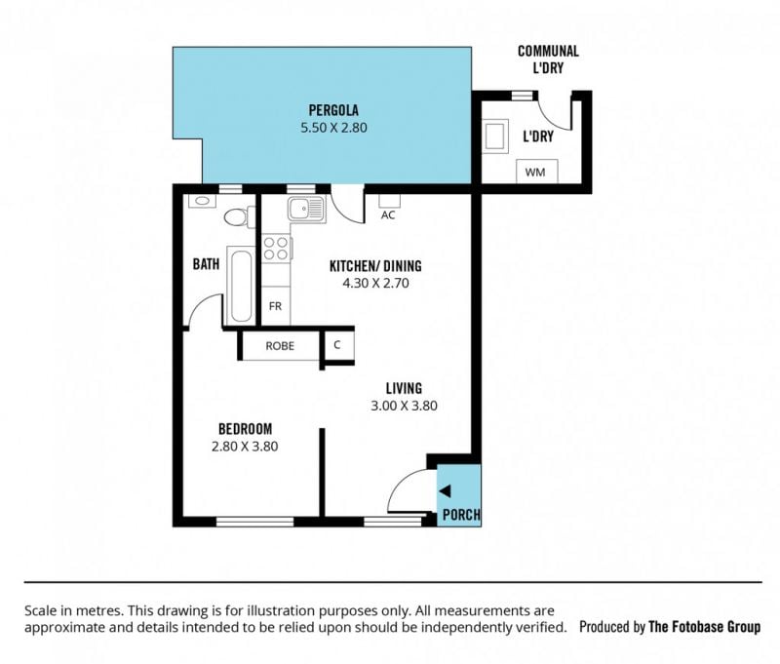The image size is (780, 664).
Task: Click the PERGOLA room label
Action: pyautogui.click(x=333, y=110)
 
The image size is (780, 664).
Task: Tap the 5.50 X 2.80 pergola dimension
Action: pyautogui.click(x=333, y=128)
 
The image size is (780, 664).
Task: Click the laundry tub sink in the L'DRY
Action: pyautogui.click(x=495, y=137)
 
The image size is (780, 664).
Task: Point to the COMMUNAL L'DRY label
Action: pyautogui.click(x=548, y=59)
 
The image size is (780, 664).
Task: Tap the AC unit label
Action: pyautogui.click(x=388, y=215)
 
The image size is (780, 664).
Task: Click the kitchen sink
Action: pyautogui.click(x=306, y=209)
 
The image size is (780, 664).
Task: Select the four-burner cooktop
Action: pyautogui.click(x=276, y=249)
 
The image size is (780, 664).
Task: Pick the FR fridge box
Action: pyautogui.click(x=276, y=306)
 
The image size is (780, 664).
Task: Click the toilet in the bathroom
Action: pyautogui.click(x=240, y=216)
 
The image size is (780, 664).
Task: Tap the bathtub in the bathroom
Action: pyautogui.click(x=241, y=286)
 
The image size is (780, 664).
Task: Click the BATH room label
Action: pyautogui.click(x=206, y=263)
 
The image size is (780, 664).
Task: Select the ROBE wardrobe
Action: pyautogui.click(x=280, y=346)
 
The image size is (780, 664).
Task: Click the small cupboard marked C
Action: pyautogui.click(x=338, y=345)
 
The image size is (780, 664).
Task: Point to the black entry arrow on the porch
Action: pyautogui.click(x=445, y=491)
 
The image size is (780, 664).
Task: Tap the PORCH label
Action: pyautogui.click(x=461, y=515)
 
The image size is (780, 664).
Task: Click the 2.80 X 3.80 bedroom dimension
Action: pyautogui.click(x=245, y=447)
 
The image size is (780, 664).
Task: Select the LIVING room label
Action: pyautogui.click(x=404, y=388)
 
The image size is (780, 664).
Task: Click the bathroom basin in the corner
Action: pyautogui.click(x=203, y=201)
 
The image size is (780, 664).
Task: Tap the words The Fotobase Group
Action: pyautogui.click(x=704, y=627)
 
